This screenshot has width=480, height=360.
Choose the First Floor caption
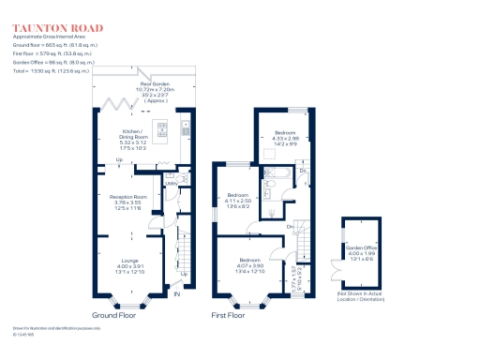click(x=229, y=316)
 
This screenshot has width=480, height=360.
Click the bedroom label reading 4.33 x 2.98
click(x=286, y=138)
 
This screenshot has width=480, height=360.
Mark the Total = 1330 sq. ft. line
click(x=51, y=71)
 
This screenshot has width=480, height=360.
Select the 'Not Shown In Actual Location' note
click(x=361, y=295)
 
